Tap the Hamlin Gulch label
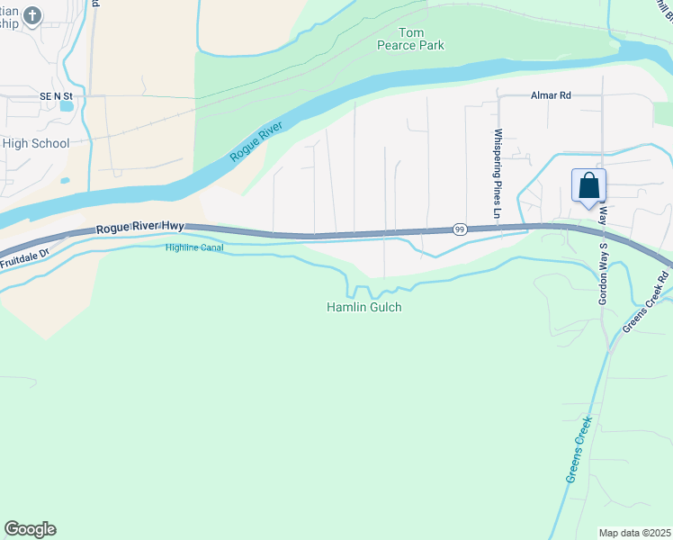363,308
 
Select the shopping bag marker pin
588,186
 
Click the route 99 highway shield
459,229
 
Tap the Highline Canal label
193,247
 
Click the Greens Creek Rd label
647,301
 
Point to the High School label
36,143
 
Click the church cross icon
32,15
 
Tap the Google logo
30,529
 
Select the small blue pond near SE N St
67,105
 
